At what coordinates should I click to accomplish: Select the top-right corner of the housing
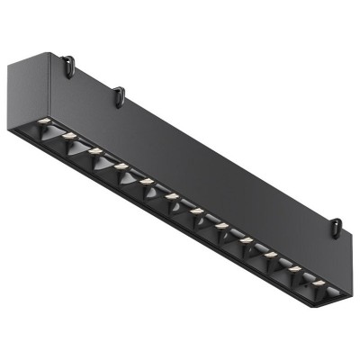click(x=347, y=237)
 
